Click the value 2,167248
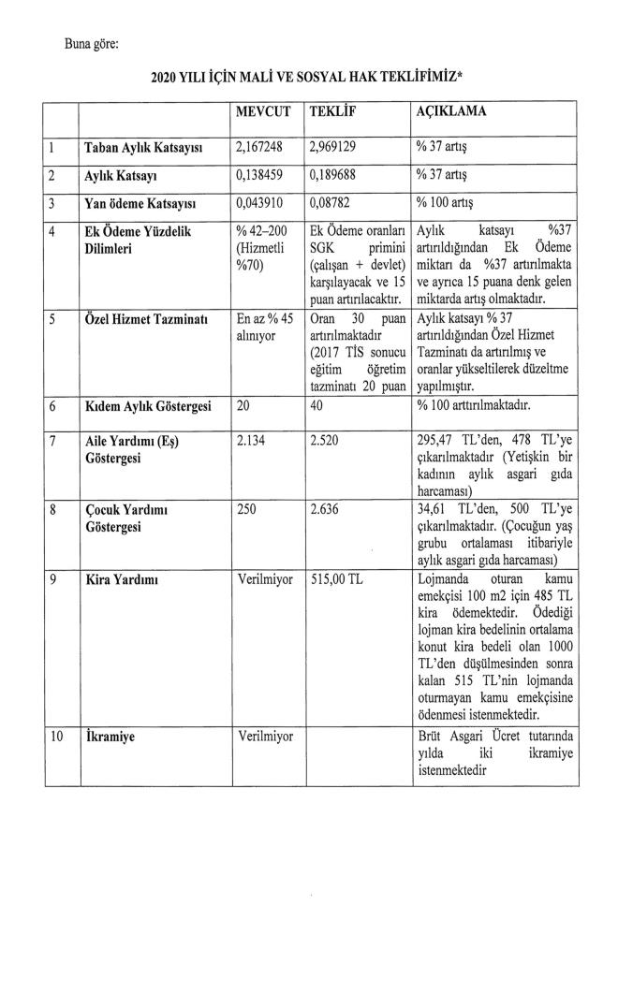click(262, 148)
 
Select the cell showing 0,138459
click(262, 175)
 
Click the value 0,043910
click(262, 202)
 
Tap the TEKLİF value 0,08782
click(332, 202)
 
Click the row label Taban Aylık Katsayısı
click(146, 148)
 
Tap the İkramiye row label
click(110, 737)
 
